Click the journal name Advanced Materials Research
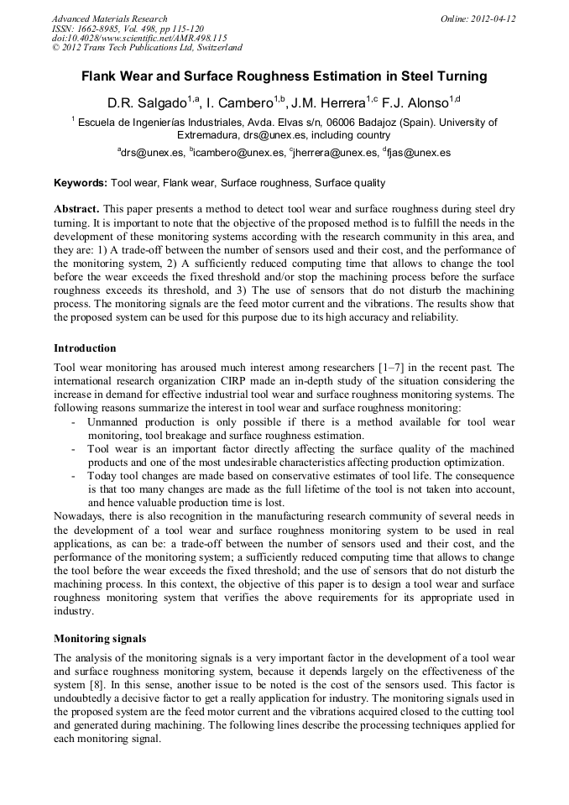pyautogui.click(x=109, y=18)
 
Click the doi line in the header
pyautogui.click(x=139, y=38)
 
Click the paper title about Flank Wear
pyautogui.click(x=284, y=76)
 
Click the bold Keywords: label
pyautogui.click(x=81, y=182)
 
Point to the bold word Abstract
pyautogui.click(x=76, y=207)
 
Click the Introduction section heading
pyautogui.click(x=85, y=348)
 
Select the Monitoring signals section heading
pyautogui.click(x=99, y=638)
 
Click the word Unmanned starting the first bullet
pyautogui.click(x=114, y=421)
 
